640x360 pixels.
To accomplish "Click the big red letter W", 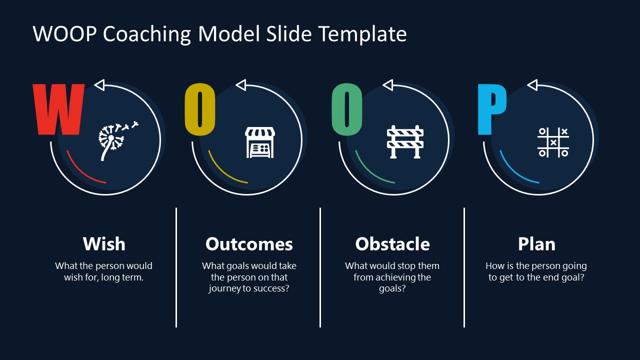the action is click(58, 109).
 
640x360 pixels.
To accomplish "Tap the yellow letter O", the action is click(199, 109).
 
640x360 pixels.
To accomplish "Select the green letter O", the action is click(347, 109).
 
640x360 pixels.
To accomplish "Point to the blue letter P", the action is click(492, 109).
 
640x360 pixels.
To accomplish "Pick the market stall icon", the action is click(259, 142).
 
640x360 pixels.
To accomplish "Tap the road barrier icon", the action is click(405, 141).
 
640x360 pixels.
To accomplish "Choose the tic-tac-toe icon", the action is click(553, 142).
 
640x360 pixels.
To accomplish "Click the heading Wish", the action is click(104, 244).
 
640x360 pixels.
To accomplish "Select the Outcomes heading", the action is click(249, 244).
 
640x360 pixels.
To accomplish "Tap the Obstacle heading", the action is click(392, 244).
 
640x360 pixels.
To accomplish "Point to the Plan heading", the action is click(536, 244).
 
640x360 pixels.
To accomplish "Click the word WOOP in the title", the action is click(65, 33).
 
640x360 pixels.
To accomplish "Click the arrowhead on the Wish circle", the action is click(99, 85).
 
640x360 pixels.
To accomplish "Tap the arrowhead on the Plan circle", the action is click(532, 85).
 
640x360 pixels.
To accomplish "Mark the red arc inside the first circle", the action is click(81, 171).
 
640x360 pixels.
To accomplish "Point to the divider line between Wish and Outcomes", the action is click(176, 267).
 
